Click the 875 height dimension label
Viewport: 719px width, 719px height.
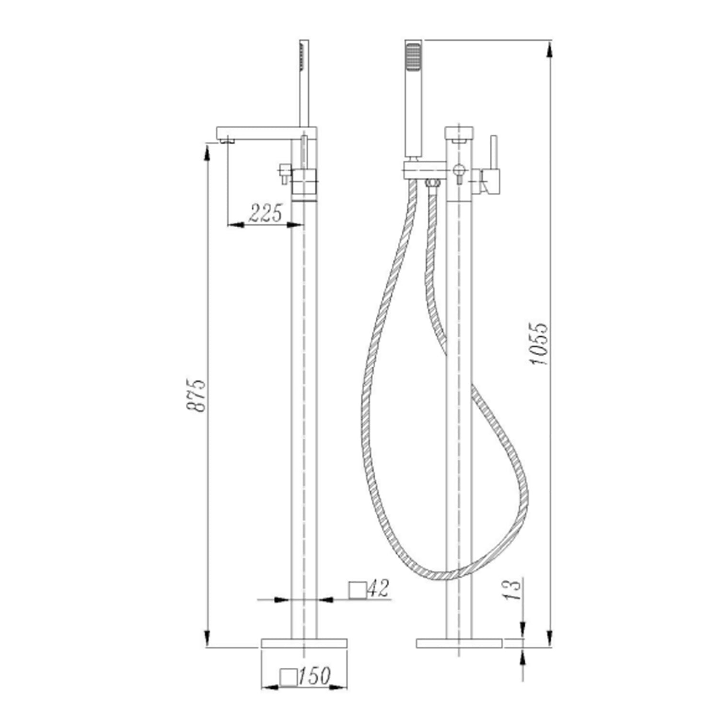coord(196,395)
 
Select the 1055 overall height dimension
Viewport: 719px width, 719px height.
coord(539,343)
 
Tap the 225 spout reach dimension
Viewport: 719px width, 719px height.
coord(265,212)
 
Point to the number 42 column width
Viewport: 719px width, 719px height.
coord(379,588)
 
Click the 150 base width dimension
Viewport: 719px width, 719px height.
coord(314,676)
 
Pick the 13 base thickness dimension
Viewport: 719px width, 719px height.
coord(512,590)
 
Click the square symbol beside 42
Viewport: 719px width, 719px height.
coord(358,590)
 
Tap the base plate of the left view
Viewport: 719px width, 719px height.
coord(304,643)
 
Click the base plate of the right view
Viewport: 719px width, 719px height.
coord(459,643)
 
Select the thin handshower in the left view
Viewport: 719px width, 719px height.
coord(304,81)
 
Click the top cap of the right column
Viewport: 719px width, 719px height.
coord(459,132)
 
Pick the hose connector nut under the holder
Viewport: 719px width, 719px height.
coord(432,183)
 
